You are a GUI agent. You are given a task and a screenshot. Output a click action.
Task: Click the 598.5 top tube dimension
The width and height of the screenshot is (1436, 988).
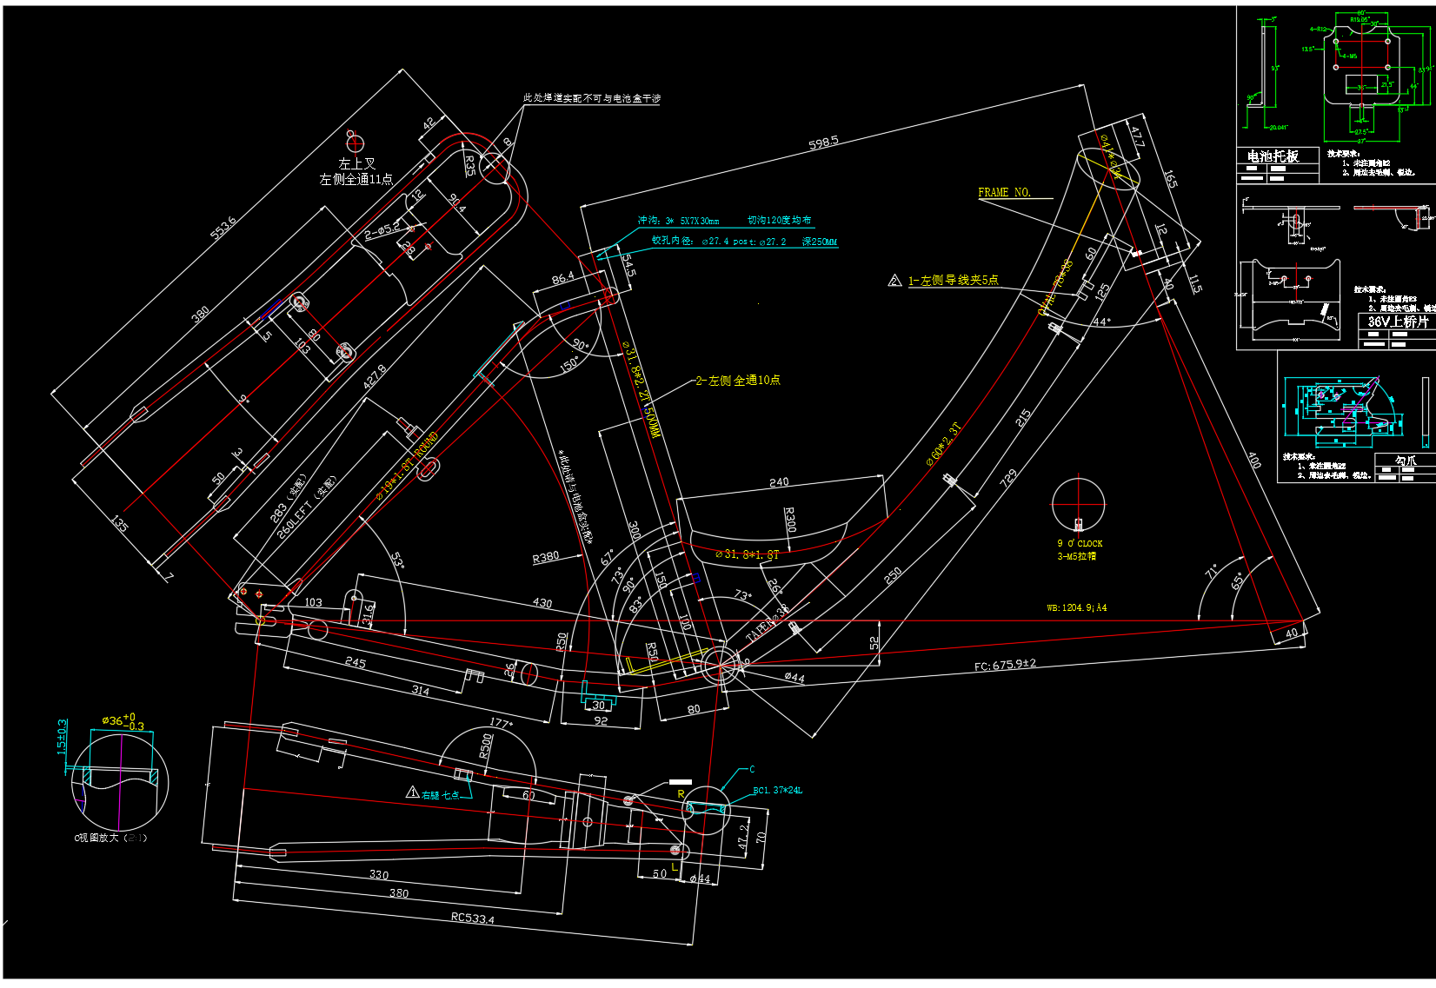tap(823, 143)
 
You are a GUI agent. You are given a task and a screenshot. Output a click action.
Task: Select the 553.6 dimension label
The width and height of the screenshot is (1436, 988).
tap(223, 229)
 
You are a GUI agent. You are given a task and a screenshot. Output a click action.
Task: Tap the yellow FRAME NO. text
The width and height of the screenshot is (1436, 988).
tap(1004, 192)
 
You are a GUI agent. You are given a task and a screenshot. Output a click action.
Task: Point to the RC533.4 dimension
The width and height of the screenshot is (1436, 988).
tap(472, 918)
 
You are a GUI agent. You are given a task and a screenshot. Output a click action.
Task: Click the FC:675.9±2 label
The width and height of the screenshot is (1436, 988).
tap(1005, 665)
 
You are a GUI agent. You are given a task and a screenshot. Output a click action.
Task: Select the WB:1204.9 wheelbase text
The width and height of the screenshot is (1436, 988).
tap(1076, 607)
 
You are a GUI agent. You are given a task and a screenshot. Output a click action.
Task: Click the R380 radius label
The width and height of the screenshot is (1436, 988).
tap(546, 557)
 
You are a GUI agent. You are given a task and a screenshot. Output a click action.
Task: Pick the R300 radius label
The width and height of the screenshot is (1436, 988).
tap(789, 520)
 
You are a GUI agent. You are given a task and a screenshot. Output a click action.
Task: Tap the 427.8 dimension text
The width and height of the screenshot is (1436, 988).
tap(375, 376)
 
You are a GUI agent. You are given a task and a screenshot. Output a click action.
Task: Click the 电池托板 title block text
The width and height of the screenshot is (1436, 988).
tap(1273, 156)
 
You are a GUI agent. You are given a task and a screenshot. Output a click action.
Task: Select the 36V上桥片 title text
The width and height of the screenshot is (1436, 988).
tap(1398, 322)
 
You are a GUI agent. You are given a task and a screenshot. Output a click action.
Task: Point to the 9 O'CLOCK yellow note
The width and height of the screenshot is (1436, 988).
tap(1080, 544)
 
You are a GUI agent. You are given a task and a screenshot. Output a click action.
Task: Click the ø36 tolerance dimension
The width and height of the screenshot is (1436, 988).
tap(123, 721)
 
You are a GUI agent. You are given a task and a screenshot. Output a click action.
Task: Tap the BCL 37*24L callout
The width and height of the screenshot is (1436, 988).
tap(777, 791)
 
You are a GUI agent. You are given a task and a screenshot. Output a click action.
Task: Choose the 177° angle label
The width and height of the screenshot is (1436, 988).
tap(501, 723)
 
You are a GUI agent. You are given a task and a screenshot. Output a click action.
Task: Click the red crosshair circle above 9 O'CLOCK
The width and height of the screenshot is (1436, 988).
tap(1078, 503)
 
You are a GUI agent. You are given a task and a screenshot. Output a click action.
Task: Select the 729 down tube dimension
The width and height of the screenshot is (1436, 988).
tap(1008, 478)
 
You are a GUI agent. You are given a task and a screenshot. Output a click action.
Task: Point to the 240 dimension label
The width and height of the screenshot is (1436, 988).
tap(779, 482)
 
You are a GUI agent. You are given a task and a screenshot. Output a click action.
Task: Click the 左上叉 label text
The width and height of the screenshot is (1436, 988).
tap(356, 163)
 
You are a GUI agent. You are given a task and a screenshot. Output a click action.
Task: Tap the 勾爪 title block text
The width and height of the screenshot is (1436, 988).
tap(1405, 461)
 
